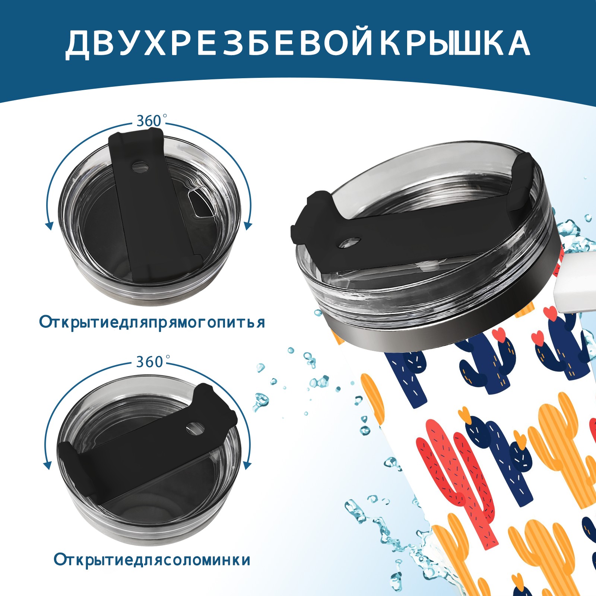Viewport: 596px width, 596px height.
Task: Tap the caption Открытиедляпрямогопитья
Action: pos(152,323)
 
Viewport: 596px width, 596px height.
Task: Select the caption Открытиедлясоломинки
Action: pos(152,560)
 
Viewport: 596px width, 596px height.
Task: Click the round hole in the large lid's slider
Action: pos(350,242)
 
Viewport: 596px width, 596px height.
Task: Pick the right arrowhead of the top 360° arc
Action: pos(248,225)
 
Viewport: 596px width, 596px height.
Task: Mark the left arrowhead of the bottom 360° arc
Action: pos(48,466)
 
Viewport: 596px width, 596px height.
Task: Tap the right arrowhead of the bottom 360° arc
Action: pos(246,465)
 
